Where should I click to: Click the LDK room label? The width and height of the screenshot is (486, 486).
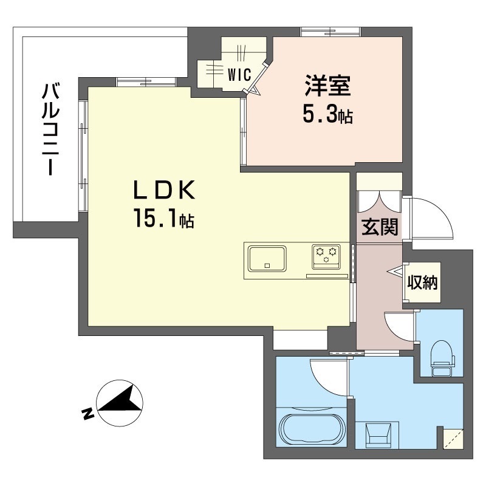164,190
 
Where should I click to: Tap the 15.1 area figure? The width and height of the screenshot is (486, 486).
164,219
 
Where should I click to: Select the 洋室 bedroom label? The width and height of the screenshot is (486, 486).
327,86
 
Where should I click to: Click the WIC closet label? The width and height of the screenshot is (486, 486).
239,75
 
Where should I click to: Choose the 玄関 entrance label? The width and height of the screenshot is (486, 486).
379,227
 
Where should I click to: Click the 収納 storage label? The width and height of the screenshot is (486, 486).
422,282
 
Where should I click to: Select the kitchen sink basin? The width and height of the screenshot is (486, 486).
267,259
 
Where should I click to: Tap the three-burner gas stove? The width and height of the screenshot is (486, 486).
326,256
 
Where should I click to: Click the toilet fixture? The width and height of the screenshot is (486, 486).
442,358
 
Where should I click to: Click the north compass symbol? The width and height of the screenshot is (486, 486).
120,403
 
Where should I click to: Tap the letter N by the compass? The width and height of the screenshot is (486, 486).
88,414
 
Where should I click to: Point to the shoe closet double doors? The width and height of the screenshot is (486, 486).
378,202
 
